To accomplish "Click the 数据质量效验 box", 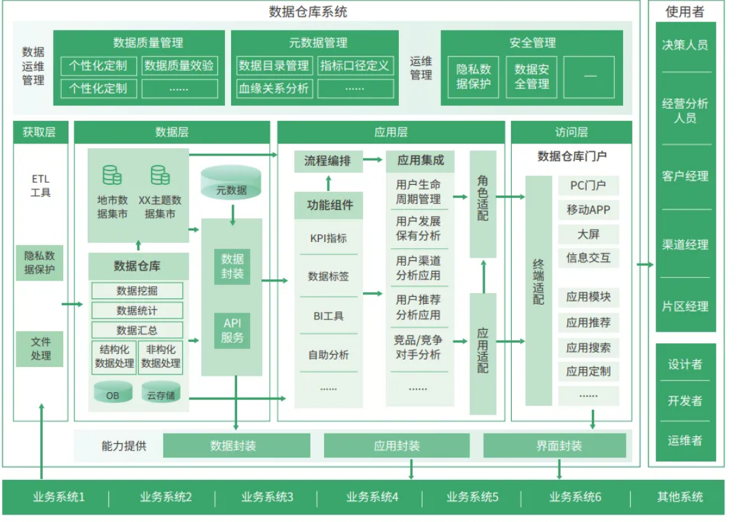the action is tap(179, 66).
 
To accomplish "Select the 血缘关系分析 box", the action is tap(274, 88).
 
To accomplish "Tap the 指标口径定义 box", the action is tap(355, 66).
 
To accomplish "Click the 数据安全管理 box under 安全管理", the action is tap(531, 77).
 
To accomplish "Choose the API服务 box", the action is tap(232, 330).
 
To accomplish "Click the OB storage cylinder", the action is tap(113, 393).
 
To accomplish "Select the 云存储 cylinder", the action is tap(161, 393).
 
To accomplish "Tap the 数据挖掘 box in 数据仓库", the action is tap(138, 291).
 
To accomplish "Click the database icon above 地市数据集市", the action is tap(112, 175).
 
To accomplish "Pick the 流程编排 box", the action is tap(328, 161).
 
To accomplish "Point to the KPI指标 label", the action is tap(328, 238).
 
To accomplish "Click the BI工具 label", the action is tap(328, 316).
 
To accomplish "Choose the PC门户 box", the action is tap(588, 186).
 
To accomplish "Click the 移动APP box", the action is tap(588, 210).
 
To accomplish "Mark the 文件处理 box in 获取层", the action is tap(40, 348).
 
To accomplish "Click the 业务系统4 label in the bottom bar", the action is tap(372, 498).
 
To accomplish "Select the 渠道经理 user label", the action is tap(685, 245).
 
